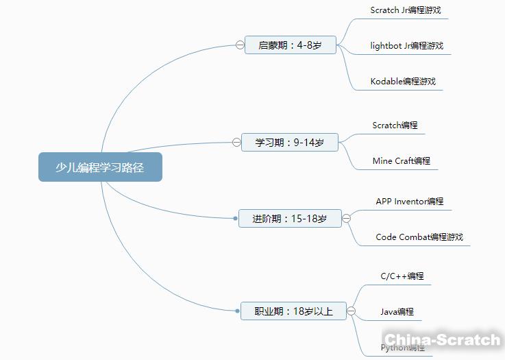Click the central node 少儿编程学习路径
point(100,167)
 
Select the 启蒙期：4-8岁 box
point(291,45)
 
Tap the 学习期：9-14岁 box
point(290,143)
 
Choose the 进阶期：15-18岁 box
point(290,219)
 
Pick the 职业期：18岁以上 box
point(294,311)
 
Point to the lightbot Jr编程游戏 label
point(406,46)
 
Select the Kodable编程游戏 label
point(402,82)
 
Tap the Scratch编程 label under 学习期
point(395,125)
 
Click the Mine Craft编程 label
point(401,161)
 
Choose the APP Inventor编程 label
point(409,202)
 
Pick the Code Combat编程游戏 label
point(419,237)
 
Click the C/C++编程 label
point(402,276)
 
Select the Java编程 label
point(397,312)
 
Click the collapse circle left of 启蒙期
point(240,45)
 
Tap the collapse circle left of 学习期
point(236,143)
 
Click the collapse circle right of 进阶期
point(347,219)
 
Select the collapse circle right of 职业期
point(352,311)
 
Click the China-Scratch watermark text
point(442,339)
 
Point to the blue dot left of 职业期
point(236,311)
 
